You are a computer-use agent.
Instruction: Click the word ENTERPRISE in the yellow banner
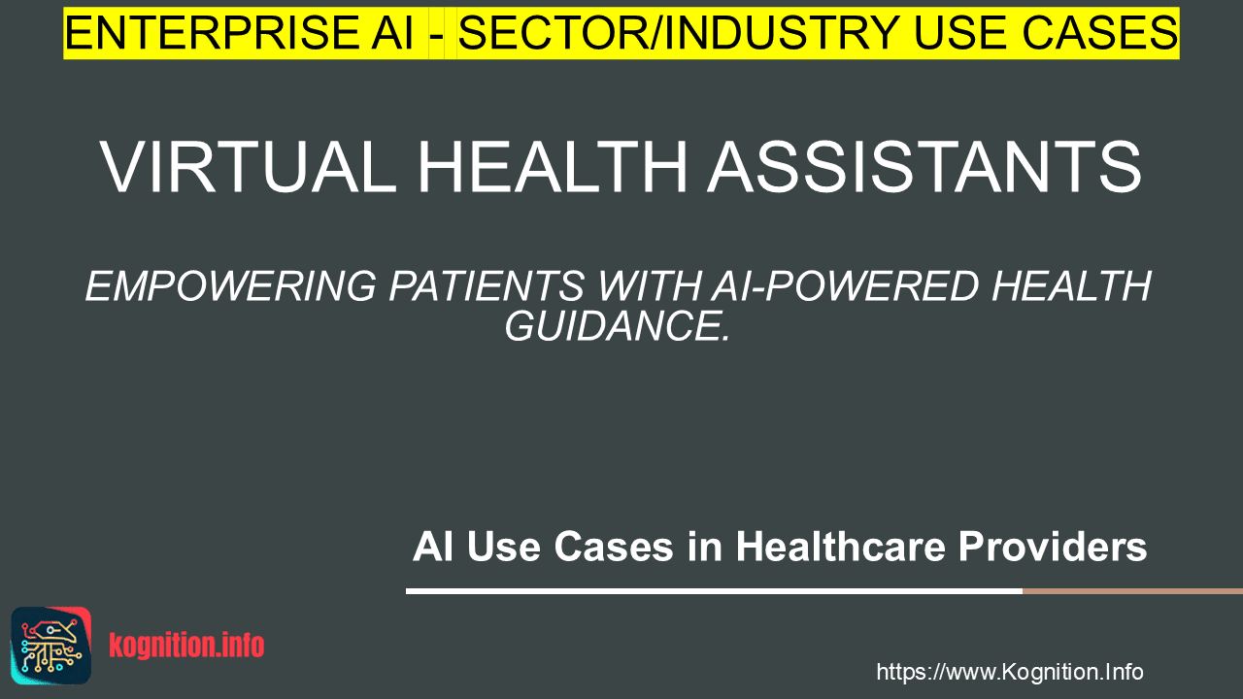click(212, 33)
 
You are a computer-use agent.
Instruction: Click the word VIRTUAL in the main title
click(248, 166)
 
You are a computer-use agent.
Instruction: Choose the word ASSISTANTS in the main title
click(924, 166)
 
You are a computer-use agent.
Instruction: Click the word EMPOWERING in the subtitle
click(231, 286)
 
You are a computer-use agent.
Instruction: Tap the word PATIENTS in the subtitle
click(487, 286)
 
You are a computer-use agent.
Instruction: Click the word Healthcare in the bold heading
click(840, 547)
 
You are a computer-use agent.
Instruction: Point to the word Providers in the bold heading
click(1053, 547)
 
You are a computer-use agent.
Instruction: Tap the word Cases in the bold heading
click(614, 547)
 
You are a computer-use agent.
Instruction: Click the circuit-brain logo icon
click(51, 646)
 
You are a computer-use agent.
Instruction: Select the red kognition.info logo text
click(186, 646)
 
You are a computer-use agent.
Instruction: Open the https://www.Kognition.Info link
click(1010, 672)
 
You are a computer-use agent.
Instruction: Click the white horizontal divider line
click(714, 591)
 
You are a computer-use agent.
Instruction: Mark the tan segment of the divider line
click(1132, 591)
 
